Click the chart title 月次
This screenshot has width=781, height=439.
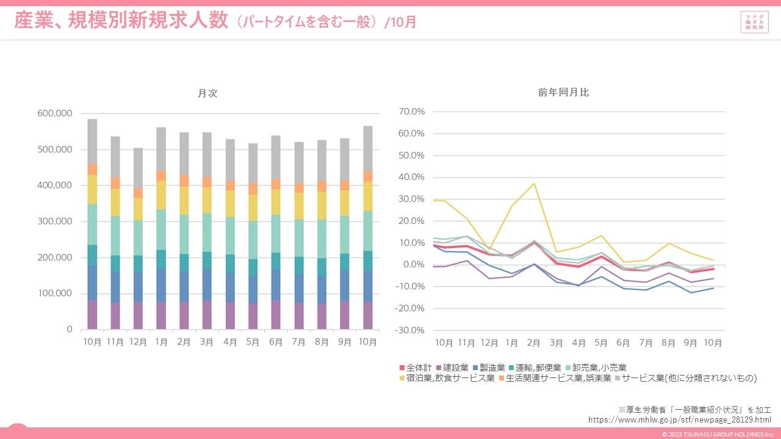[x=207, y=93]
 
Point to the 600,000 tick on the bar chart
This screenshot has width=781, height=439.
[x=56, y=113]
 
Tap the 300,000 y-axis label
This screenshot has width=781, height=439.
[x=56, y=221]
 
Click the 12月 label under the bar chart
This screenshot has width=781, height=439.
[x=139, y=343]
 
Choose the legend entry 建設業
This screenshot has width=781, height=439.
[x=452, y=368]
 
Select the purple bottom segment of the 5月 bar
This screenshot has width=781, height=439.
[x=253, y=316]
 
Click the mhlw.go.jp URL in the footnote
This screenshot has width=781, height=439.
[x=675, y=419]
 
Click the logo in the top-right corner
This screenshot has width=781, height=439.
[x=754, y=22]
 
